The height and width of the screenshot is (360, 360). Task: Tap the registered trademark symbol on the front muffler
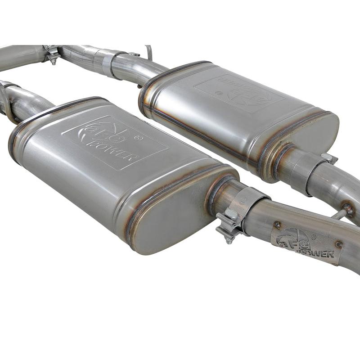pos(139,138)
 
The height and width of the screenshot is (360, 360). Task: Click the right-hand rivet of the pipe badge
pos(338,245)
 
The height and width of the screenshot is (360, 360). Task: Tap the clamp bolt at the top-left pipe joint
pos(54,57)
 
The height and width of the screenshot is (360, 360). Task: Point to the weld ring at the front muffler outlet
pos(215,193)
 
